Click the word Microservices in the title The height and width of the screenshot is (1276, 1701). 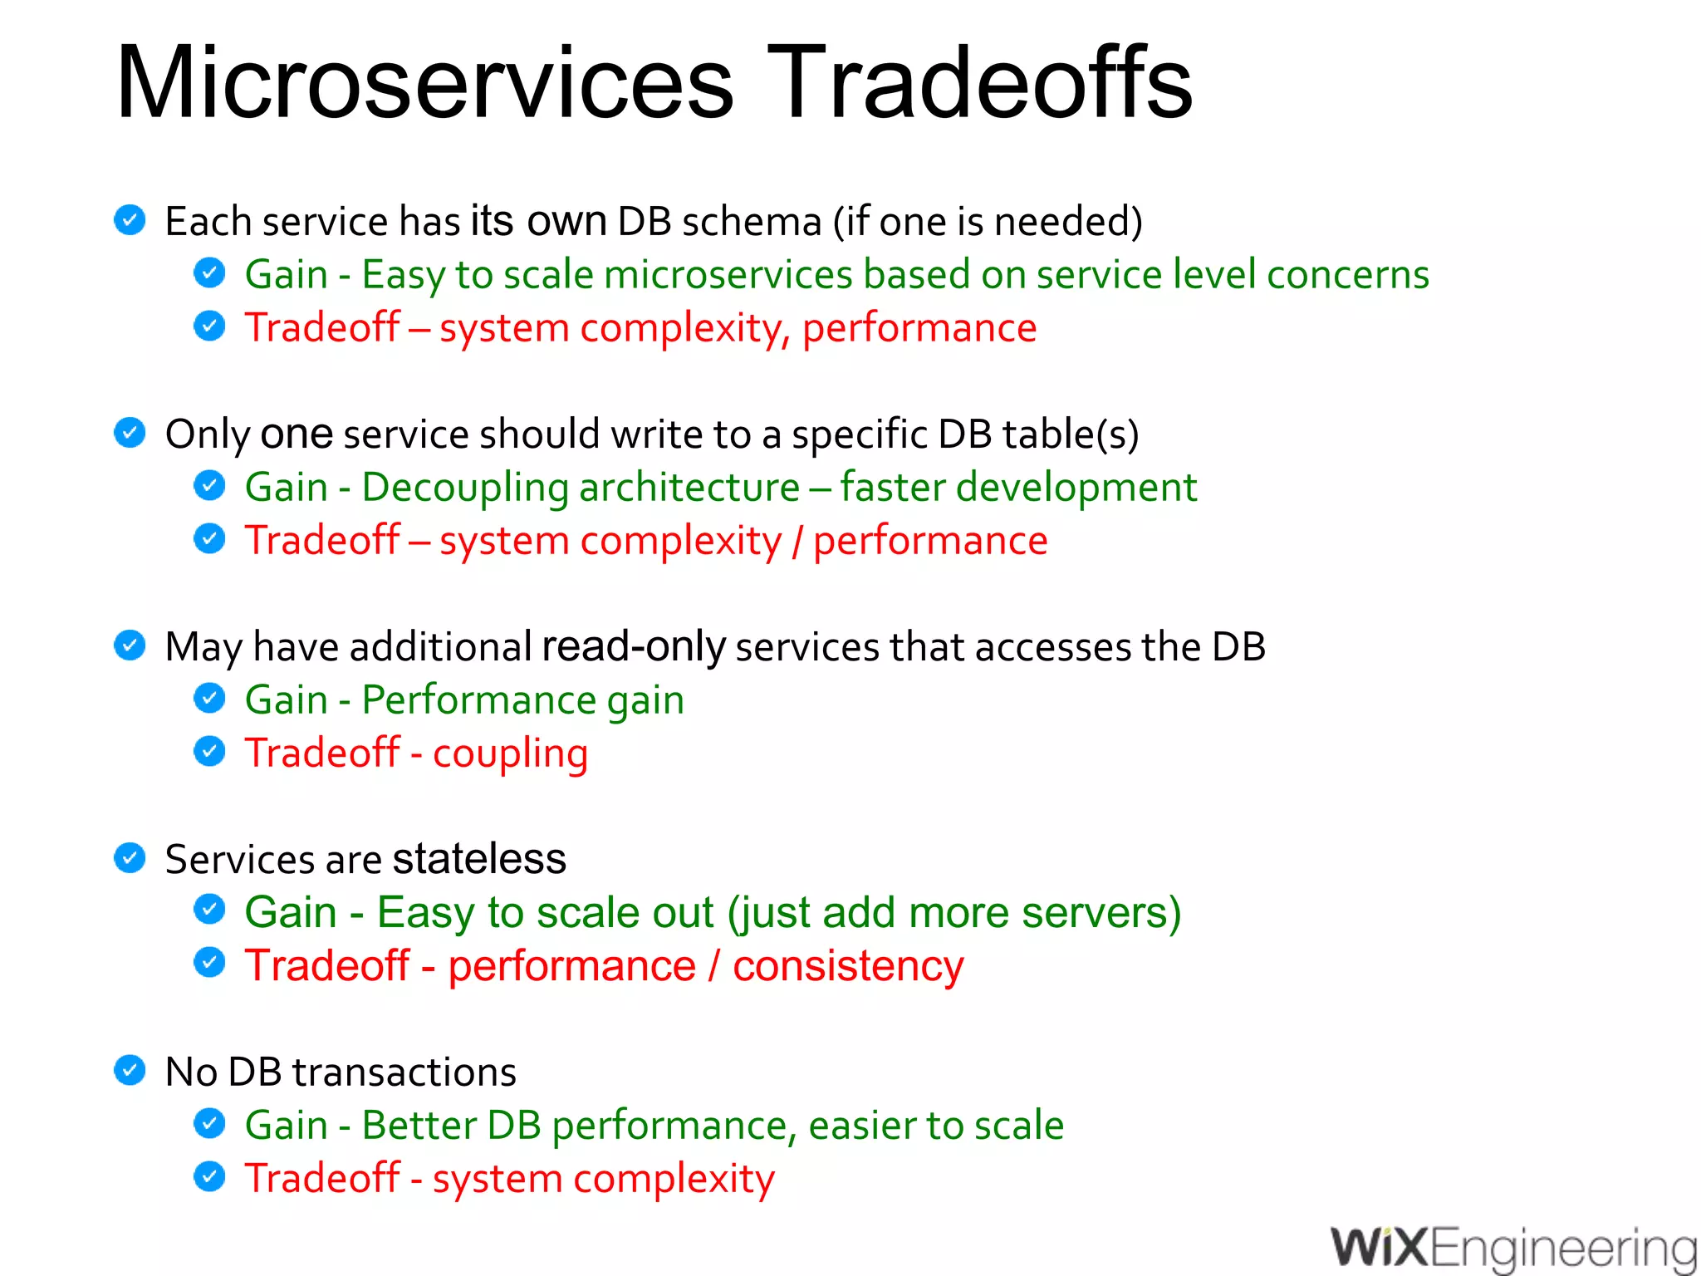click(424, 83)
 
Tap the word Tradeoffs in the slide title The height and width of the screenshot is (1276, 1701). click(980, 83)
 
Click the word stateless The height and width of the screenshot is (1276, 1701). click(479, 858)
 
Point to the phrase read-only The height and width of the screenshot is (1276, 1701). click(634, 646)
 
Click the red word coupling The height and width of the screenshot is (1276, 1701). click(510, 753)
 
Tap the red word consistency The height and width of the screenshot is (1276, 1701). click(848, 966)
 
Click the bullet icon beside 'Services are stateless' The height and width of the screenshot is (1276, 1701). click(130, 857)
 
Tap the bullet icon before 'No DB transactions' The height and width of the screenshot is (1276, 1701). click(130, 1070)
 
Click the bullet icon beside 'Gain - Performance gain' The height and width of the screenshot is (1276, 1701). click(209, 698)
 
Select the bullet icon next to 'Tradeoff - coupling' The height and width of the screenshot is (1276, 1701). click(209, 751)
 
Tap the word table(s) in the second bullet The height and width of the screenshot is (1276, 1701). click(1070, 434)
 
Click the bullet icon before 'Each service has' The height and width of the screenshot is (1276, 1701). click(130, 219)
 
